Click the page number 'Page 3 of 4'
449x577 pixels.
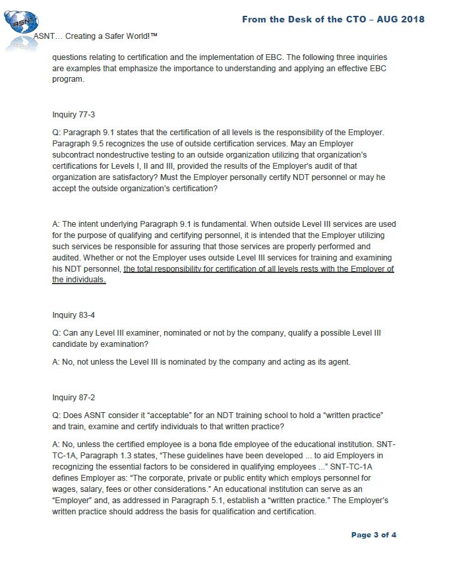(x=374, y=535)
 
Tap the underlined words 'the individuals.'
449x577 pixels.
(x=78, y=280)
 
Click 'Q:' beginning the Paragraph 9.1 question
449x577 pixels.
(x=56, y=133)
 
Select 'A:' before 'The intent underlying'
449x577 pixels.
(x=56, y=224)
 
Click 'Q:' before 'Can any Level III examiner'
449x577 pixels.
(x=56, y=333)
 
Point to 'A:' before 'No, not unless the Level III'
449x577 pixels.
(x=56, y=361)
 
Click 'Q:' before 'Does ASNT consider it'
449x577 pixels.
(x=56, y=415)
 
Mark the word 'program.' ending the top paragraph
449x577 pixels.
(x=68, y=78)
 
